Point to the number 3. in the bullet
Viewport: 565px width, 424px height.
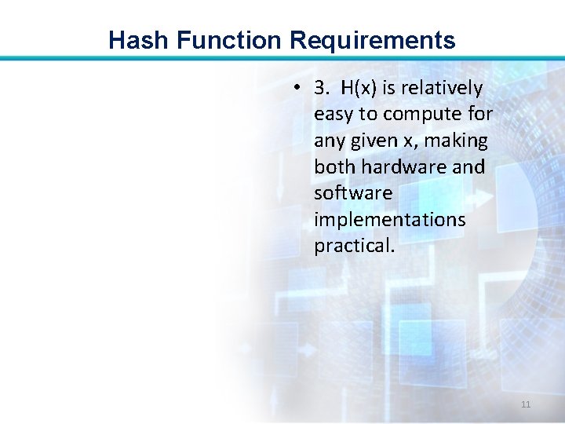coord(321,87)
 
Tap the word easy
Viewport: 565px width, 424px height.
coord(334,114)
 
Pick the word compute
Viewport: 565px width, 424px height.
coord(423,115)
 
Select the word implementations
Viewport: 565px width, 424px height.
coord(389,220)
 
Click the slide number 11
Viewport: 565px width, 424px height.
coord(526,404)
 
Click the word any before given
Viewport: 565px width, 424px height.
coord(328,142)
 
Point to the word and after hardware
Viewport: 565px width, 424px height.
coord(468,166)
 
